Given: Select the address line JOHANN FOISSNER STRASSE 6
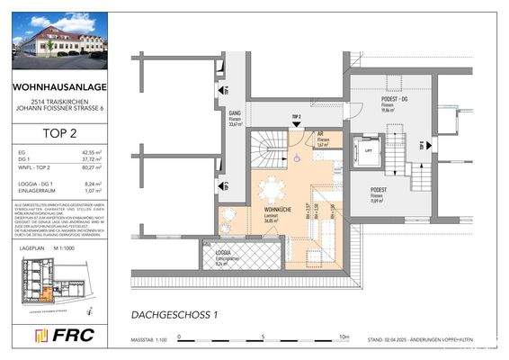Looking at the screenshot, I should (56, 109).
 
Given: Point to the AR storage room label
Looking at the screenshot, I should (320, 136).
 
